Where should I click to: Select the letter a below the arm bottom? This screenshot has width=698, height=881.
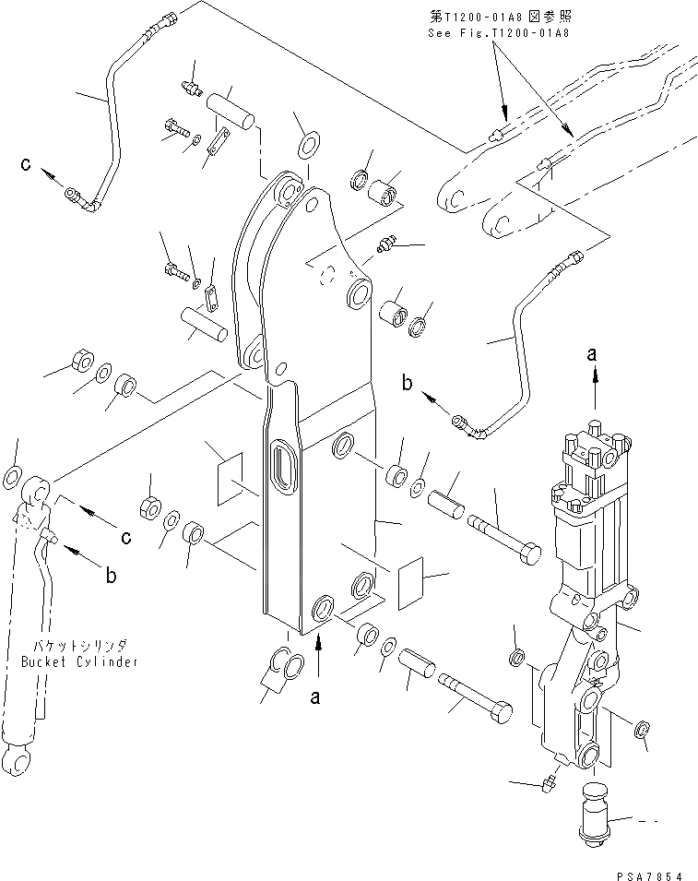[x=315, y=698]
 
